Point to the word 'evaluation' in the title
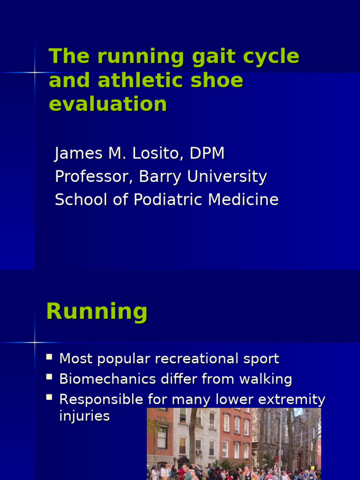click(108, 104)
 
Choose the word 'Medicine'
click(243, 200)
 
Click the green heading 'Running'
click(97, 312)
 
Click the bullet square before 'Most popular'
click(49, 357)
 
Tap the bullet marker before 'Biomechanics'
click(49, 377)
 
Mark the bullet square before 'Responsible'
click(49, 397)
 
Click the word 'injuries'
click(84, 416)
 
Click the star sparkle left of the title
click(35, 72)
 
